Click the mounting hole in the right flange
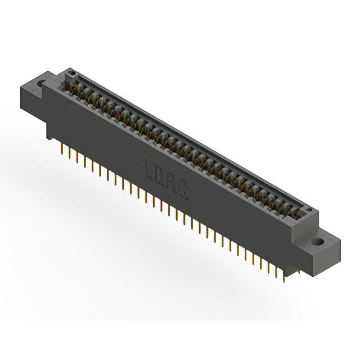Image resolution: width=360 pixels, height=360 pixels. [318, 242]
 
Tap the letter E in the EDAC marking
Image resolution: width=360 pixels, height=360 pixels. [150, 169]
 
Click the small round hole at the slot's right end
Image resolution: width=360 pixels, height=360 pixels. [308, 210]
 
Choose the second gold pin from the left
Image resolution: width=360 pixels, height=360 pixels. [69, 153]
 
